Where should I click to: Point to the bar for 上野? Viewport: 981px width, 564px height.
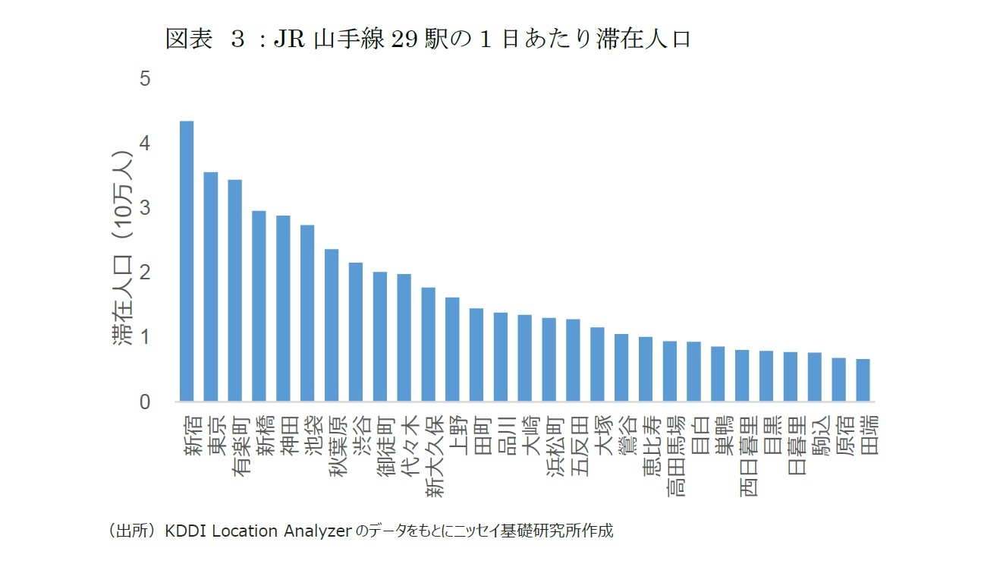[452, 349]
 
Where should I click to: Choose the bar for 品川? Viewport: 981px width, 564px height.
[501, 357]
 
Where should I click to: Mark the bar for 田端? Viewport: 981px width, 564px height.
[863, 380]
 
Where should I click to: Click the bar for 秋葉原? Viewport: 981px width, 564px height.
[332, 326]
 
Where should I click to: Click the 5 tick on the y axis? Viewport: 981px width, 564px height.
[145, 80]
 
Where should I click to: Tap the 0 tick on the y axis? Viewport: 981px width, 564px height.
[145, 402]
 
